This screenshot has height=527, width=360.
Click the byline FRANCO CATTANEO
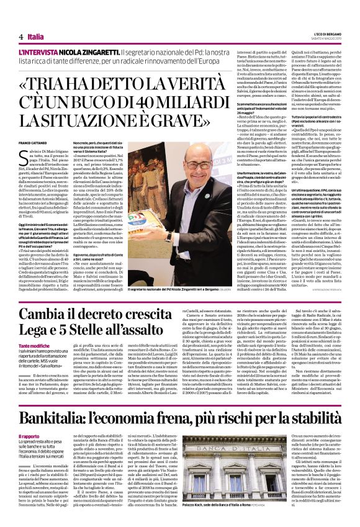point(34,143)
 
